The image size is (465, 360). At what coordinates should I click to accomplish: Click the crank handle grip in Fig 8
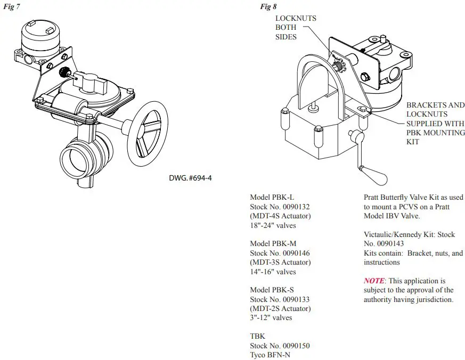376,174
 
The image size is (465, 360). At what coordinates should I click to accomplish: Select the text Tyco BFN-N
270,355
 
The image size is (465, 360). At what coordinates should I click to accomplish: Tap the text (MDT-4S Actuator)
280,216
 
